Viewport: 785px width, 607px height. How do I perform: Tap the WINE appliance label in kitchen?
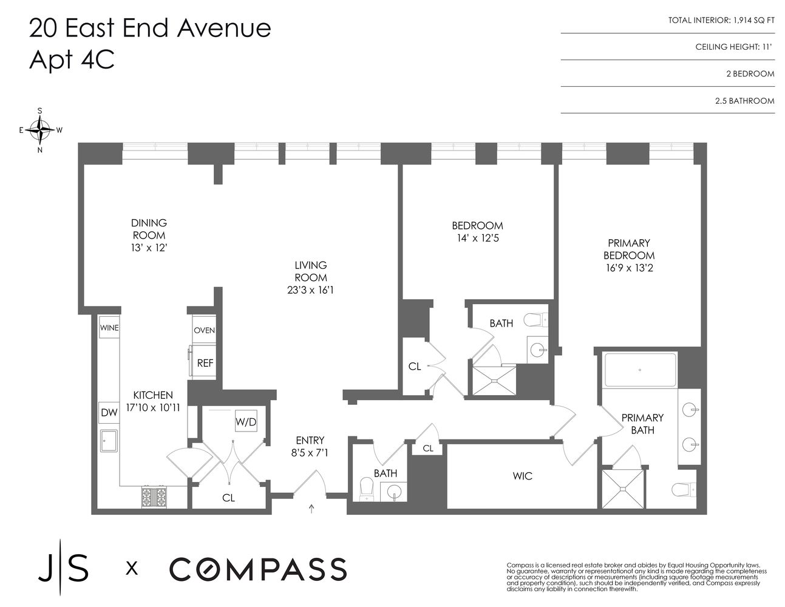point(109,328)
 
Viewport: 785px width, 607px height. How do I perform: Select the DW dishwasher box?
point(109,413)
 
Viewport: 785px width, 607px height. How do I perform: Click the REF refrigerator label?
point(205,363)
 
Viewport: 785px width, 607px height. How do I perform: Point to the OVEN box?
point(204,330)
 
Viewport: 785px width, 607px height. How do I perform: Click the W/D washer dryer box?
point(246,422)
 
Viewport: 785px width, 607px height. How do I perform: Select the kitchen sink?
point(109,441)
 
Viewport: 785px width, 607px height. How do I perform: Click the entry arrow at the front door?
point(312,509)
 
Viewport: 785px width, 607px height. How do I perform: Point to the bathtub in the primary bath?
point(639,370)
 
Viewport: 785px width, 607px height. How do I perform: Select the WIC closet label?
point(522,476)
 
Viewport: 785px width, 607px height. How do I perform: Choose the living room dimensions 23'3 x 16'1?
point(311,290)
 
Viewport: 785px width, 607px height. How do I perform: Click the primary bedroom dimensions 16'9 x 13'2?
point(629,268)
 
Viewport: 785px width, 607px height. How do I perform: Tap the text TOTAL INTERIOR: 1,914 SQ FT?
point(721,20)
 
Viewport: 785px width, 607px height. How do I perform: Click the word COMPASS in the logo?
point(257,569)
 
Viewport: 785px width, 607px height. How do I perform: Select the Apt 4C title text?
point(72,60)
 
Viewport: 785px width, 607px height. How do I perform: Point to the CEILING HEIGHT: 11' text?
point(735,47)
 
